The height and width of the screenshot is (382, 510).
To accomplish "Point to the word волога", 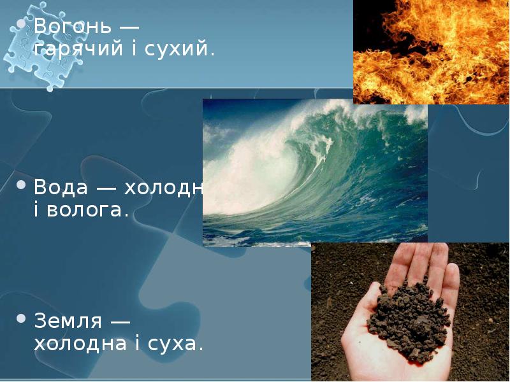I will (x=89, y=210).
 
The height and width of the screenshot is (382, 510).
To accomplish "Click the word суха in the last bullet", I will (x=179, y=344).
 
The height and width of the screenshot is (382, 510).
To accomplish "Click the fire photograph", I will (x=431, y=51).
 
